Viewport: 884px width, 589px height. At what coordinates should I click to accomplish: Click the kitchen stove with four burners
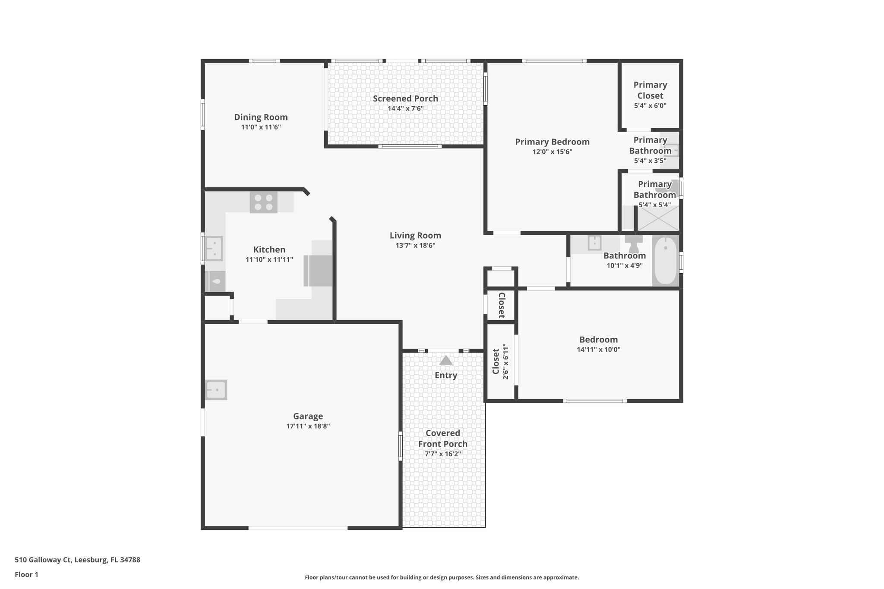click(263, 202)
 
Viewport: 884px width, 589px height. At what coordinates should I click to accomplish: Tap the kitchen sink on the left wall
click(214, 249)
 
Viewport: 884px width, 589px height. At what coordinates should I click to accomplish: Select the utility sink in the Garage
click(216, 390)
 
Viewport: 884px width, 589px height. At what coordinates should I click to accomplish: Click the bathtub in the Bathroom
click(665, 260)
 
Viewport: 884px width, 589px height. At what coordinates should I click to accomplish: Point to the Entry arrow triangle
click(445, 360)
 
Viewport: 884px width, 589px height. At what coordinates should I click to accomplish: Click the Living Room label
click(415, 236)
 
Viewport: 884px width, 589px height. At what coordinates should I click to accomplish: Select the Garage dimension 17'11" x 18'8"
click(308, 426)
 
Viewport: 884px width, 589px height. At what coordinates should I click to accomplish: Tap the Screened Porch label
click(405, 99)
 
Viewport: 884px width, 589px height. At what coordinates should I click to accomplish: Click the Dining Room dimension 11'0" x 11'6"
click(261, 127)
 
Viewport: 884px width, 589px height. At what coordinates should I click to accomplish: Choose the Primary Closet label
click(650, 90)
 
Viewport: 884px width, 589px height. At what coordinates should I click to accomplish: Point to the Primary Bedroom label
click(552, 142)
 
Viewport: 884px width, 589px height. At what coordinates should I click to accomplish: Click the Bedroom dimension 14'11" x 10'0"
click(598, 350)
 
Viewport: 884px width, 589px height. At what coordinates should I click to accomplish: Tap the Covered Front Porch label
click(442, 438)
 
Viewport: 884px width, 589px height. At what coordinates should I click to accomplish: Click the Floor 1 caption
click(27, 574)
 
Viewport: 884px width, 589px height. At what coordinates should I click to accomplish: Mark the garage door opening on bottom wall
click(298, 528)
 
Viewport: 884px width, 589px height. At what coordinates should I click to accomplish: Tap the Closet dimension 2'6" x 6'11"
click(505, 362)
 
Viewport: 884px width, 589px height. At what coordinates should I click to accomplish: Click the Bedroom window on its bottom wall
click(594, 401)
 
